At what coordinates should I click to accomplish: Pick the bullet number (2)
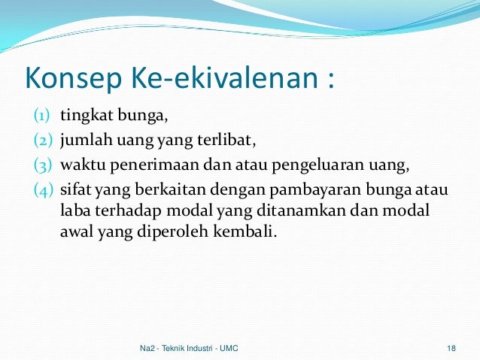pyautogui.click(x=41, y=139)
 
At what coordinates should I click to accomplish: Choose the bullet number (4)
pyautogui.click(x=41, y=187)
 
